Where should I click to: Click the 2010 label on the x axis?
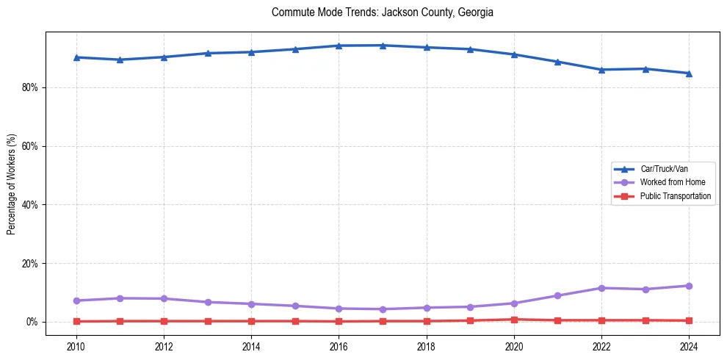[x=76, y=345]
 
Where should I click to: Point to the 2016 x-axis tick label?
[x=339, y=345]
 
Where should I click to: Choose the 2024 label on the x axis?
[x=689, y=345]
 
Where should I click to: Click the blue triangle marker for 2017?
[x=383, y=46]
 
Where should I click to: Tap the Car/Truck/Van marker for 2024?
[x=689, y=73]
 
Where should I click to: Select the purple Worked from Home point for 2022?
[x=601, y=288]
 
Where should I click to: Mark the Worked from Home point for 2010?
[x=76, y=300]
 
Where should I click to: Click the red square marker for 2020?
[x=514, y=320]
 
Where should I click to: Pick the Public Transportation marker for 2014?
[x=251, y=321]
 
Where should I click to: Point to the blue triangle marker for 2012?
[x=164, y=57]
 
